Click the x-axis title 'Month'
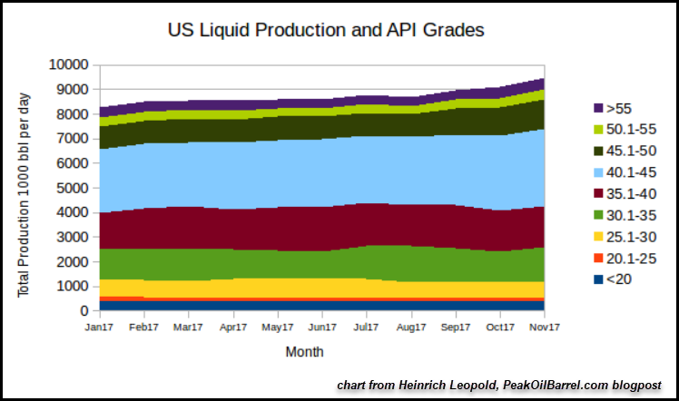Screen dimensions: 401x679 click(x=304, y=351)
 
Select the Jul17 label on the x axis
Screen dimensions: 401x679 click(x=365, y=327)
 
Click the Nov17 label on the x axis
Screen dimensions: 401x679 click(x=543, y=327)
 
